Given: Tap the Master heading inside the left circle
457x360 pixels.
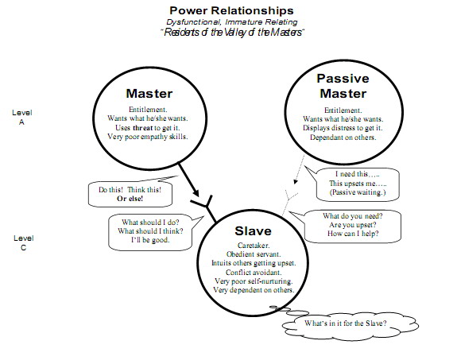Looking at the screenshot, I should pos(149,94).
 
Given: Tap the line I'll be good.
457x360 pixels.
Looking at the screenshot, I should pos(149,240).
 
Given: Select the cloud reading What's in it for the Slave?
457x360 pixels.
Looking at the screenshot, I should pos(347,323).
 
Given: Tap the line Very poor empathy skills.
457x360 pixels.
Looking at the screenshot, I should pos(149,137).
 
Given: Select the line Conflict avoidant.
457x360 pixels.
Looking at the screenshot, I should pos(250,272).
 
